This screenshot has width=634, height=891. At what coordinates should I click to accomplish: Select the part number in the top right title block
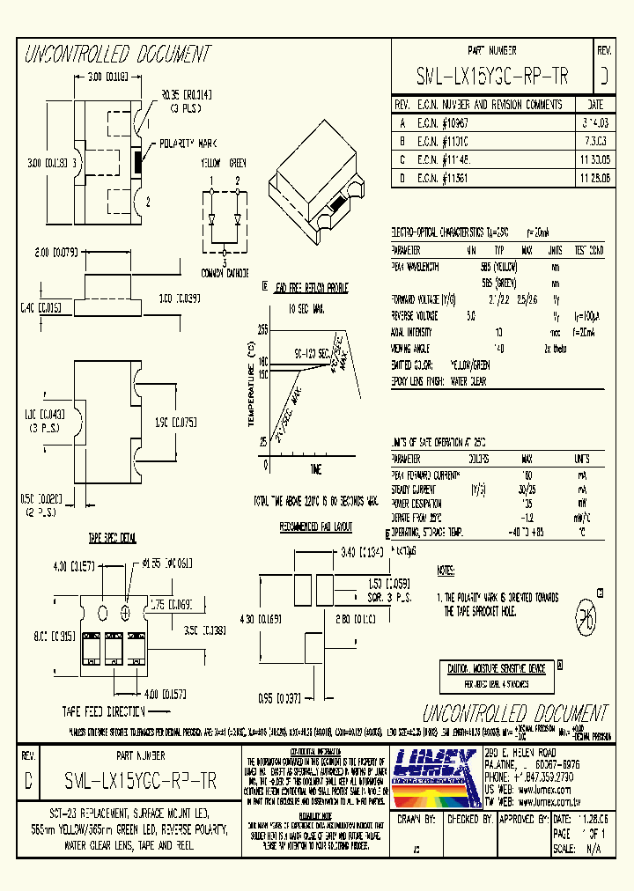click(x=491, y=77)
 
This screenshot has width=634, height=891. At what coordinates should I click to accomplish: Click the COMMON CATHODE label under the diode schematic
click(x=225, y=273)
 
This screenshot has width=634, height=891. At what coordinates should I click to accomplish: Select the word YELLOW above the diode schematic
click(x=210, y=164)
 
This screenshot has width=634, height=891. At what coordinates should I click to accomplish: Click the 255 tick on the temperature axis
click(x=262, y=328)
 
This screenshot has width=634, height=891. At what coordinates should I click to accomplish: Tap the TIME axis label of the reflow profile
click(x=315, y=468)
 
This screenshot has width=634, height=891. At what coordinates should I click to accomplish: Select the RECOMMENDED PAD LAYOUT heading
click(x=316, y=527)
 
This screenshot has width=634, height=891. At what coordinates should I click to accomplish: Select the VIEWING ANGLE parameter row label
click(x=416, y=349)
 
